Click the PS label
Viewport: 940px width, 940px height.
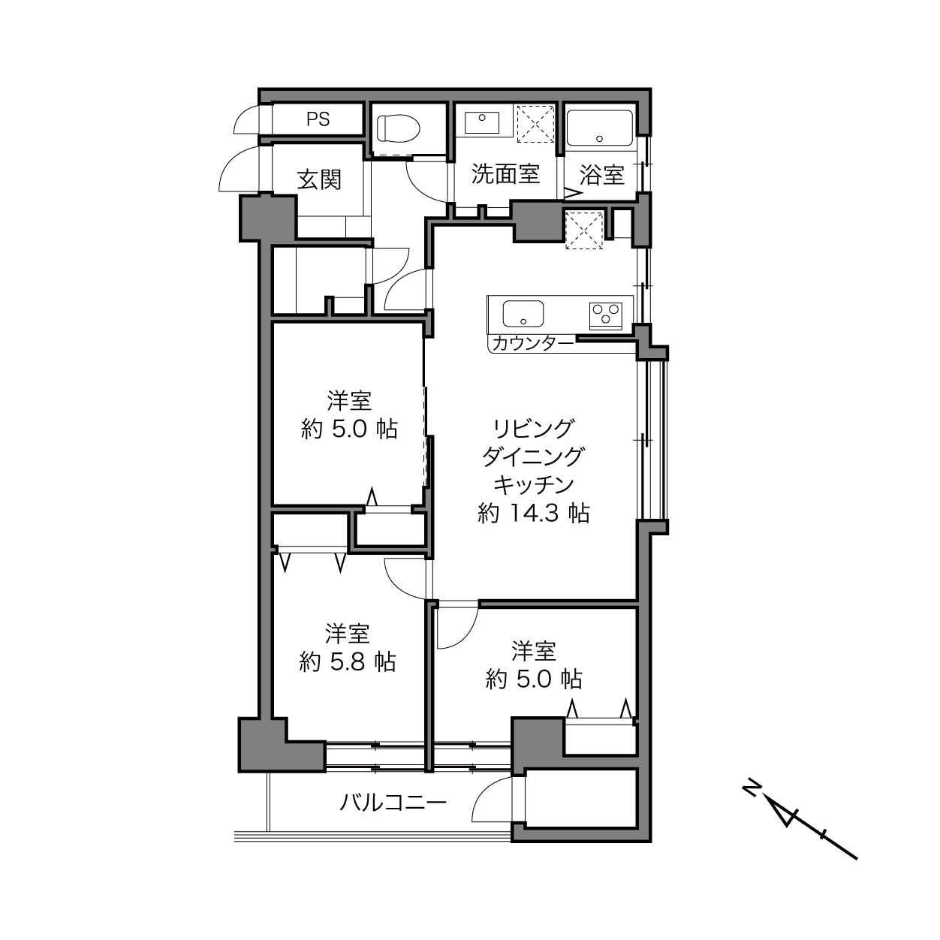tap(318, 119)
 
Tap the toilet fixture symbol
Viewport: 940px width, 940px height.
tap(399, 129)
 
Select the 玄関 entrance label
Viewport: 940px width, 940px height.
tap(319, 179)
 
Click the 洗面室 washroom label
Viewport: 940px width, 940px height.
tap(505, 173)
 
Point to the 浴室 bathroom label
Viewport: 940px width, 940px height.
tap(602, 175)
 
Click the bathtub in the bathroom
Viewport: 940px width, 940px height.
tap(600, 128)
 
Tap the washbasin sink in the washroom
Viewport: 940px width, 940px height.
tap(482, 122)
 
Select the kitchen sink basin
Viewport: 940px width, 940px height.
tap(523, 314)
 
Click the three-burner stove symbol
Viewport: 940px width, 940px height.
tap(606, 315)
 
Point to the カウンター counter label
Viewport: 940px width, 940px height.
tap(533, 344)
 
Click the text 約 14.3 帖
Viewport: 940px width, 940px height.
tap(534, 513)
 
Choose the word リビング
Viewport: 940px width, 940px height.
tap(534, 429)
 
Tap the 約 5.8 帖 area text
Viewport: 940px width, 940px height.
tap(348, 662)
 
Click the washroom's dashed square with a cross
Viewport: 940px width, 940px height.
tap(535, 124)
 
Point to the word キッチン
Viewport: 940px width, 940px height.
tap(534, 485)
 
